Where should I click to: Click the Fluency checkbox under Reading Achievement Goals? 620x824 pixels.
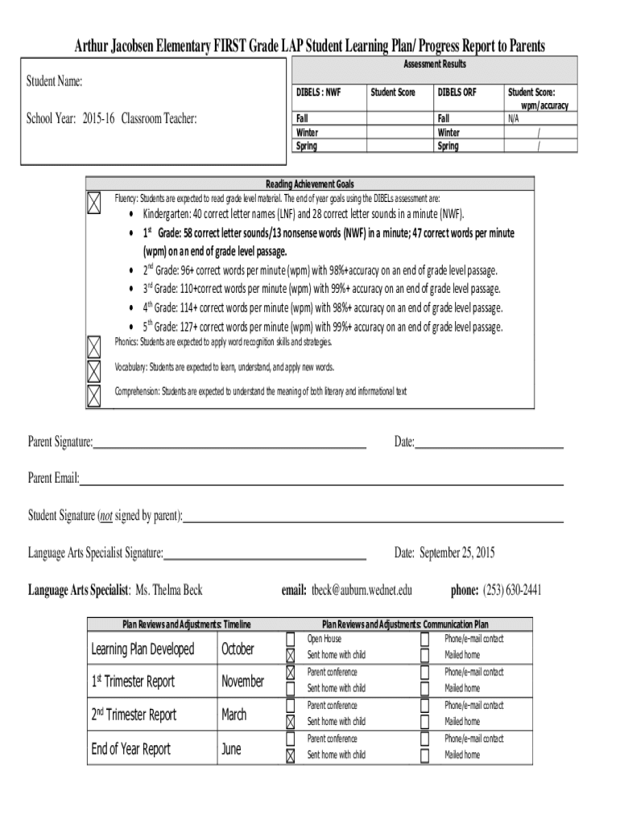[x=94, y=203]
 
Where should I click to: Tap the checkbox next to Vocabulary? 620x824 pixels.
[x=94, y=371]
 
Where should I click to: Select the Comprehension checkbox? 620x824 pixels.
[x=94, y=395]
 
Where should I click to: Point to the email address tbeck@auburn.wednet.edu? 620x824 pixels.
[x=362, y=591]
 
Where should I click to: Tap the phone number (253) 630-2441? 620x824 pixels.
[x=512, y=591]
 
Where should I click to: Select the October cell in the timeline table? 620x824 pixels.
[x=238, y=649]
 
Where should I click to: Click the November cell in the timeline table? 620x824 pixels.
[x=242, y=682]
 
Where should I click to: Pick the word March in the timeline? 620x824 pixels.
[x=234, y=715]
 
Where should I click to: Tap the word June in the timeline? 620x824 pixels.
[x=231, y=749]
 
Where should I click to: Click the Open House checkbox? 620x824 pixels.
[x=291, y=639]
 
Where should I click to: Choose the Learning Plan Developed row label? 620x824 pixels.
[x=143, y=649]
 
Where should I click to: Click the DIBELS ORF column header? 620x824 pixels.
[x=457, y=93]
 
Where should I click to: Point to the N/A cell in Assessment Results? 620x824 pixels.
[x=513, y=118]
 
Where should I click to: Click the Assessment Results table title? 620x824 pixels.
[x=434, y=64]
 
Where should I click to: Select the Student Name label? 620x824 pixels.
[x=55, y=82]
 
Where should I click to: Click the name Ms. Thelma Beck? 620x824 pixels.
[x=169, y=591]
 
